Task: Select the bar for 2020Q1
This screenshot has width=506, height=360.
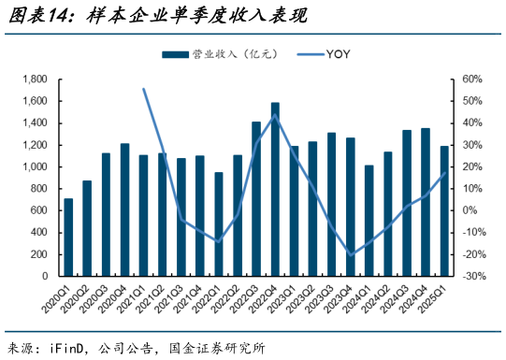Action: tap(68, 238)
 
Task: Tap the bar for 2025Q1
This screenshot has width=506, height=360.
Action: tap(444, 211)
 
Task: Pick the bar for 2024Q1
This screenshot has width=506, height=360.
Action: tap(369, 221)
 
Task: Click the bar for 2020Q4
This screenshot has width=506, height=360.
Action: tap(124, 210)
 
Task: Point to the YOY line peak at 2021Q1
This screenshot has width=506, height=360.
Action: tap(143, 89)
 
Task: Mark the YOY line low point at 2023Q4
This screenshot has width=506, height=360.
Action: tap(351, 254)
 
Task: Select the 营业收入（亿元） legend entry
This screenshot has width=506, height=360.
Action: tap(210, 53)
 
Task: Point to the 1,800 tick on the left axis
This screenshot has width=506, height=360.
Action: tap(36, 79)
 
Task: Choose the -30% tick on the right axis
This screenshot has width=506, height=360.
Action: tap(473, 277)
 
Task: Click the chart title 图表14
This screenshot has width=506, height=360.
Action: tap(43, 16)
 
